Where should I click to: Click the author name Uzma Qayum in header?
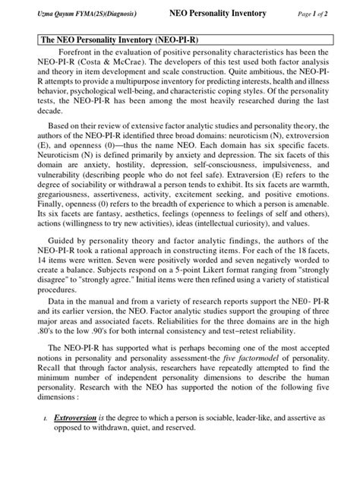(56, 13)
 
